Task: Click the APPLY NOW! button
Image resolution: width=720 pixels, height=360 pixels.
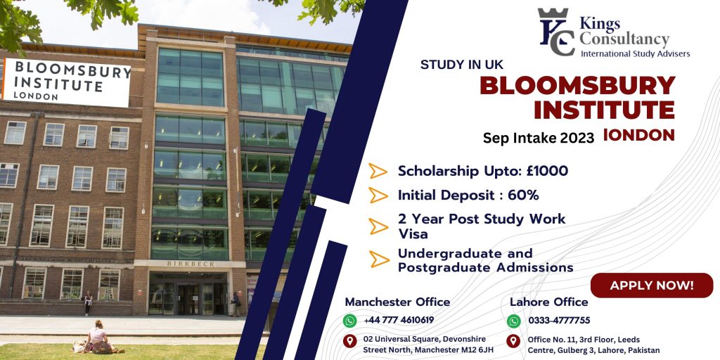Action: click(x=652, y=285)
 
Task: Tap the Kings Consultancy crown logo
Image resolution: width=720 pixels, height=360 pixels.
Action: click(x=555, y=31)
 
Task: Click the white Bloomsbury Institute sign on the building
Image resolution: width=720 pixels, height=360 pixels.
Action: click(x=67, y=82)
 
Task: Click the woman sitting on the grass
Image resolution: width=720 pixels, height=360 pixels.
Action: click(x=98, y=337)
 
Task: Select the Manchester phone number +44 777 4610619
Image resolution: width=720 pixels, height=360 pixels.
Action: click(x=399, y=320)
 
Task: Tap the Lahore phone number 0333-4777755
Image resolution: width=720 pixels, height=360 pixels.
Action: click(x=559, y=320)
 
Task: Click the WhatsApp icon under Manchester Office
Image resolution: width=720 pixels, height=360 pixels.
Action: click(x=350, y=321)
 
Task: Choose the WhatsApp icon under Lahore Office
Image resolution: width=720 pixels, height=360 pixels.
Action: click(x=514, y=321)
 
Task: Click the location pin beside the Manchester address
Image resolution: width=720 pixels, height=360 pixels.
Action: click(x=350, y=341)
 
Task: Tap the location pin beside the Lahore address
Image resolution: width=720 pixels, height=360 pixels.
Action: click(x=513, y=341)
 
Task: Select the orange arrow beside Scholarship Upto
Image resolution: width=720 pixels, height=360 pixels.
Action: click(x=378, y=171)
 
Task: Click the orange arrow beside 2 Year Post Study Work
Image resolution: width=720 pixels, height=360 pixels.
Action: click(x=378, y=226)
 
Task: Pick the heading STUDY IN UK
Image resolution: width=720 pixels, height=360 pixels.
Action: click(x=462, y=65)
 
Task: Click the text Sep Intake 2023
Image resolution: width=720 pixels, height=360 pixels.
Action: click(x=539, y=138)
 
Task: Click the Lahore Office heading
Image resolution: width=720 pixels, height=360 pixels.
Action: click(x=548, y=302)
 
